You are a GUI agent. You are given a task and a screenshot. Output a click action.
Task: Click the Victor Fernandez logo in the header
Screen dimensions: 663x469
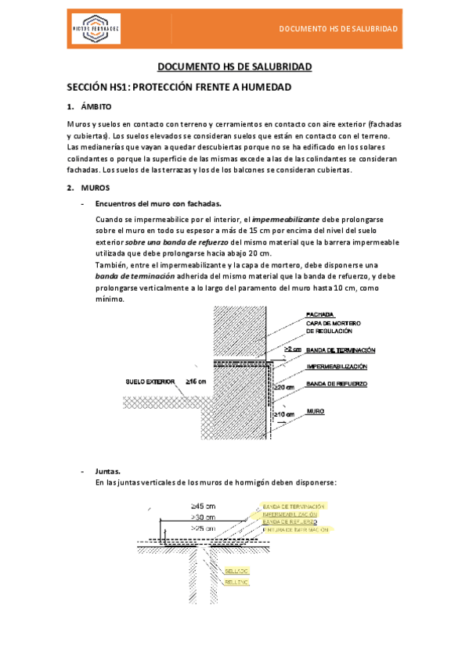(x=96, y=29)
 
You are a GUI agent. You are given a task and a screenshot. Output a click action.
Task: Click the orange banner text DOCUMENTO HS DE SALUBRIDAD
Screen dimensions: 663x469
(x=338, y=29)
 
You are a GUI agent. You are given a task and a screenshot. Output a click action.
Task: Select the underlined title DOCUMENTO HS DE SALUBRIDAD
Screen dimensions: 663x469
(x=234, y=67)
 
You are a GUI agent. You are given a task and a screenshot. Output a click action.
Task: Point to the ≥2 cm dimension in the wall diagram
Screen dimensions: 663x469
(x=294, y=349)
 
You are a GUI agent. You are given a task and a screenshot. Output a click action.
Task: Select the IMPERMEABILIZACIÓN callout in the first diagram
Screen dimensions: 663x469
(x=337, y=367)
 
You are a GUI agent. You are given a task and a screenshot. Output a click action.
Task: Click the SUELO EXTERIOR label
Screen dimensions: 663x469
(x=150, y=383)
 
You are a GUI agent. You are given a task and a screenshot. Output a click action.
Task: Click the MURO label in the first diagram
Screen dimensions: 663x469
(x=316, y=410)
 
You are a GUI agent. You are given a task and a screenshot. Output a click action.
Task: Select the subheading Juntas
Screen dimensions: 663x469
(x=107, y=471)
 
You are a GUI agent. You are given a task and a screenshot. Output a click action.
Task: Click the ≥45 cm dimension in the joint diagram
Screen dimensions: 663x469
(x=203, y=506)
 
